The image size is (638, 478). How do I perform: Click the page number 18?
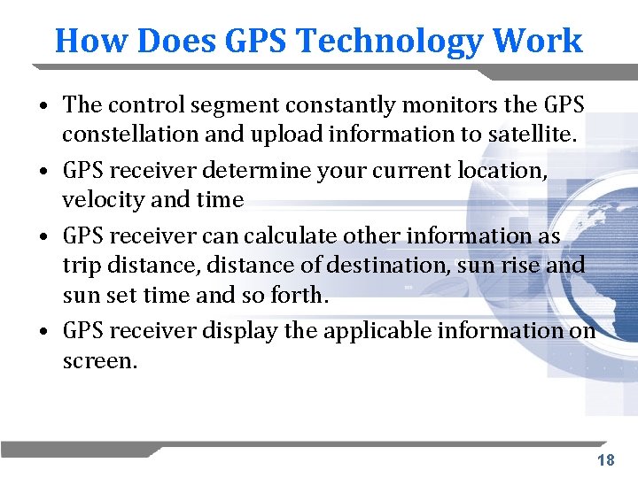606,459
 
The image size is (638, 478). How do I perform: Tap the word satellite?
532,135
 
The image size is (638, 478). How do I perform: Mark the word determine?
268,170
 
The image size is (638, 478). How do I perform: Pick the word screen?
98,360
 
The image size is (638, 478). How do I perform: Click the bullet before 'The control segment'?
43,106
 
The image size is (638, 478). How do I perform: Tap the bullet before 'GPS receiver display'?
43,332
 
